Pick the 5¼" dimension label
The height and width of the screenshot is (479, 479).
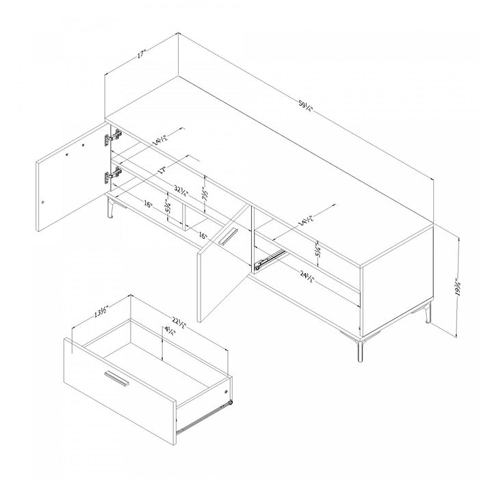coord(319,251)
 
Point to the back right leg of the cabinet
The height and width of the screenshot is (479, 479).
coord(429,313)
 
